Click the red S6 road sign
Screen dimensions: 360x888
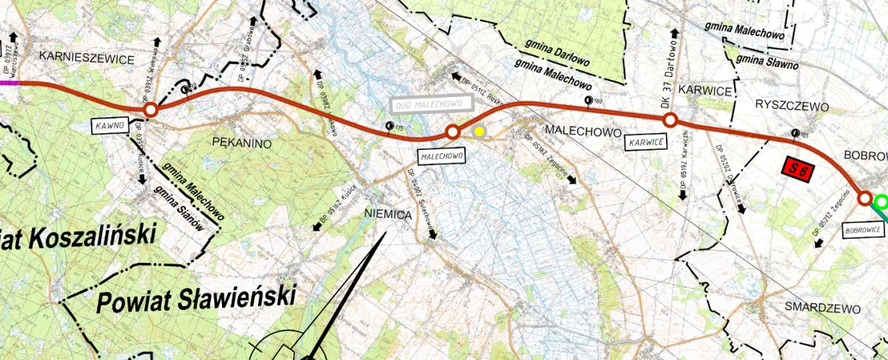[798, 169]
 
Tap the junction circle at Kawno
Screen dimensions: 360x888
[151, 110]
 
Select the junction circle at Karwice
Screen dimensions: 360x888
[670, 121]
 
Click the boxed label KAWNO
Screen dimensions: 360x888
[110, 126]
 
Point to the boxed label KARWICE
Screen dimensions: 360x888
[645, 142]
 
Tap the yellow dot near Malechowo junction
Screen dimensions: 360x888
[479, 130]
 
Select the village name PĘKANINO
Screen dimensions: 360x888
[242, 143]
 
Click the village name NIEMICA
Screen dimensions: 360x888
[388, 214]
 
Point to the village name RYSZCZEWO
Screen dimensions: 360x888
[792, 107]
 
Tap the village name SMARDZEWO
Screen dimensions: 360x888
[823, 308]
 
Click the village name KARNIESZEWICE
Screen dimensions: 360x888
[87, 59]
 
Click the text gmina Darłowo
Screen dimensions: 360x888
[553, 52]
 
